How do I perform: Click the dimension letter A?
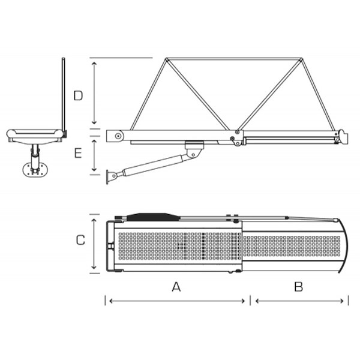click(x=176, y=287)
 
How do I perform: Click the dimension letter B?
click(x=298, y=287)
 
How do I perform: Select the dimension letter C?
click(x=80, y=240)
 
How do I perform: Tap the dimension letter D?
click(x=78, y=96)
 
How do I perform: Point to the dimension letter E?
click(x=78, y=153)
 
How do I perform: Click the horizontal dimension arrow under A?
click(x=177, y=301)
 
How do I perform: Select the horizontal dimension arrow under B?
click(x=299, y=301)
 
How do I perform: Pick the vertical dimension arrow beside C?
click(x=94, y=244)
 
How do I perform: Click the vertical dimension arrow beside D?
click(x=94, y=93)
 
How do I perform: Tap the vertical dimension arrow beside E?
click(x=94, y=155)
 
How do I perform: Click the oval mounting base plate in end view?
click(x=35, y=170)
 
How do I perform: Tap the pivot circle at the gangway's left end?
click(x=118, y=136)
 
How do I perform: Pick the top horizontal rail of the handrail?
click(x=234, y=59)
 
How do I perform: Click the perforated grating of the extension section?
click(x=292, y=246)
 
